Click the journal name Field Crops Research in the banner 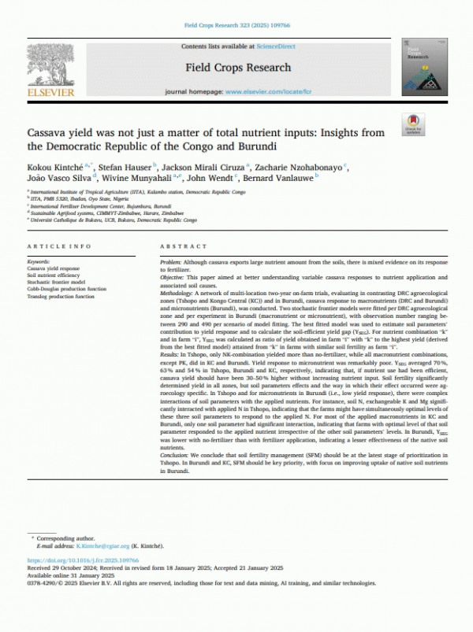238,68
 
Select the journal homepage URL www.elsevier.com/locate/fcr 266,93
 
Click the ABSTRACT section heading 183,246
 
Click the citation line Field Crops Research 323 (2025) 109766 236,26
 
